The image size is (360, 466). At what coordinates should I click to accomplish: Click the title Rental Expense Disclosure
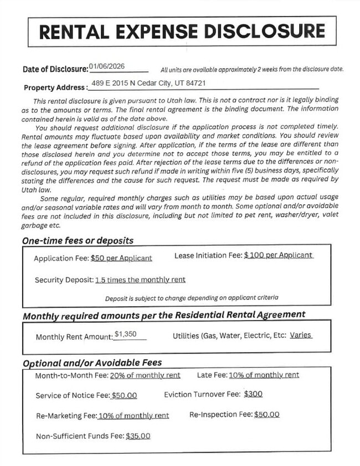[182, 32]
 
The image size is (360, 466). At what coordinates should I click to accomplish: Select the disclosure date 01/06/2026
[107, 66]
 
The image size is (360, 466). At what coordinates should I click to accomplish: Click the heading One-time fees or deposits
[78, 241]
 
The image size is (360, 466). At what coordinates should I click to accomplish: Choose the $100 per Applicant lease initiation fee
[278, 255]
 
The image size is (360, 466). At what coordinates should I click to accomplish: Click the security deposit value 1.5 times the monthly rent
[140, 279]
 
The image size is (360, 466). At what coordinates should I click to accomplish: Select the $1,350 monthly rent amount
[125, 334]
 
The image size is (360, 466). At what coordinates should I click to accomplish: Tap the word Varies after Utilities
[301, 335]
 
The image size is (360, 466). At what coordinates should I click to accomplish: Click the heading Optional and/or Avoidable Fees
[92, 363]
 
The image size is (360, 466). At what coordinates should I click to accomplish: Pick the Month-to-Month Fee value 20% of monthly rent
[145, 375]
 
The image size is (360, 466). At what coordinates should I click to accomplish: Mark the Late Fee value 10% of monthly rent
[264, 375]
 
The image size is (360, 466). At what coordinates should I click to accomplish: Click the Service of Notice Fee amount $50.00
[124, 396]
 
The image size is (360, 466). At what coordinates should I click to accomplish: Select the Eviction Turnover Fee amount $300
[253, 394]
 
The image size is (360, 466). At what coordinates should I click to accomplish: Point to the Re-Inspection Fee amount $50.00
[266, 414]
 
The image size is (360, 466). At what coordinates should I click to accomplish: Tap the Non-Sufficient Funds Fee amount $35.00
[138, 436]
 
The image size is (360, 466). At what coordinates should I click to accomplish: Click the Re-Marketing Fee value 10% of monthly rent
[133, 416]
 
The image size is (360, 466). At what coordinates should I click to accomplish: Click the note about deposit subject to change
[192, 298]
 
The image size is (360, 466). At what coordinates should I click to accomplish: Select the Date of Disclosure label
[55, 69]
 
